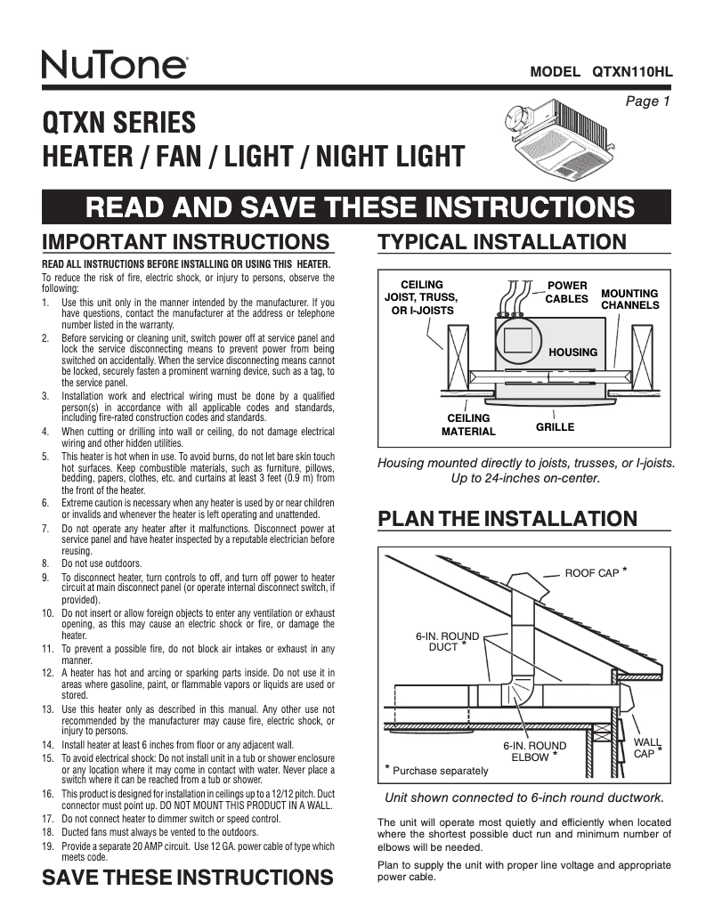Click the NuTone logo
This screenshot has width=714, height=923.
[114, 65]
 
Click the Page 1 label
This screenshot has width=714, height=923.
[647, 101]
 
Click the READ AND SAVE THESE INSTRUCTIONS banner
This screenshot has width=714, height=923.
[356, 207]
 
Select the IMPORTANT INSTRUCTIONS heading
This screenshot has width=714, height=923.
[187, 242]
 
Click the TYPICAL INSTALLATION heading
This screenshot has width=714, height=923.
[502, 242]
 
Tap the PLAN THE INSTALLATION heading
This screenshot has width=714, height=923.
[507, 519]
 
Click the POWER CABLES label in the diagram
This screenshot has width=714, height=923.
[566, 292]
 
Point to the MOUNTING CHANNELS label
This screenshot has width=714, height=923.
[629, 299]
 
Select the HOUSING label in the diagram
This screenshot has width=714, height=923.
[572, 352]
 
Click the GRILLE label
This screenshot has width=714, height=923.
[555, 427]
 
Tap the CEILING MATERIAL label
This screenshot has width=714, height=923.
[468, 425]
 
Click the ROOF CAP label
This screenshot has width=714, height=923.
[592, 572]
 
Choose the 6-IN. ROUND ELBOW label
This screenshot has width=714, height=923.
[534, 751]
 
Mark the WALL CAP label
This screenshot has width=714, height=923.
[645, 747]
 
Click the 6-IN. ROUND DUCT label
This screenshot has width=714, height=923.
[447, 642]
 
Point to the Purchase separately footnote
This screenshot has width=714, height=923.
[437, 770]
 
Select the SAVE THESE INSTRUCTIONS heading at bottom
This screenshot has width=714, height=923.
[187, 877]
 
